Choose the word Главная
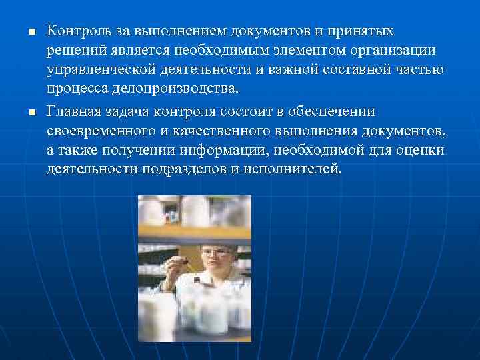tap(73, 111)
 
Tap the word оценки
tap(418, 150)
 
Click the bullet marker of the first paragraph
tap(23, 32)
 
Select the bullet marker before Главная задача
tap(23, 112)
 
